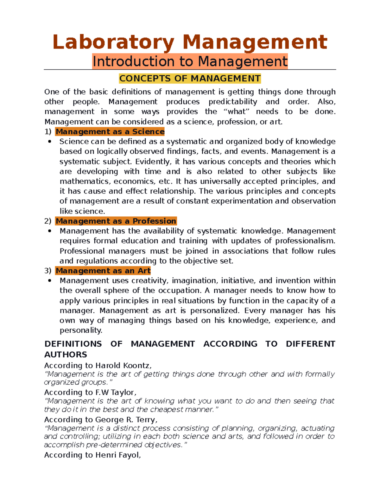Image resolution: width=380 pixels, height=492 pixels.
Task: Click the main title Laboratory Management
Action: point(190,42)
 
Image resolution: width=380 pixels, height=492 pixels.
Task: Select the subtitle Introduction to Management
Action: point(190,61)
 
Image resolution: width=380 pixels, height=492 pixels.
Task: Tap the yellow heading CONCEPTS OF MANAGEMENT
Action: point(190,78)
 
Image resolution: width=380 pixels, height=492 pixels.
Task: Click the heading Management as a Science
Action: point(110,131)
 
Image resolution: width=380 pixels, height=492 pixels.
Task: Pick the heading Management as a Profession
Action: point(116,221)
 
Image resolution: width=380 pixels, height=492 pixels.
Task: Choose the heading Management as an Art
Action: point(103,271)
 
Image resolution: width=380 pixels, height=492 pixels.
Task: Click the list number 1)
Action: point(48,131)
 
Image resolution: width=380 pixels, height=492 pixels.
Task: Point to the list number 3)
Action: point(48,271)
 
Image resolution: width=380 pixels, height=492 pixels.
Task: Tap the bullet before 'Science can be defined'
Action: point(50,142)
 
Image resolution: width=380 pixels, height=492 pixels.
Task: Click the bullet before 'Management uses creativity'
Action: point(50,281)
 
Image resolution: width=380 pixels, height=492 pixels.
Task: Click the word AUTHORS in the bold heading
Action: point(66,355)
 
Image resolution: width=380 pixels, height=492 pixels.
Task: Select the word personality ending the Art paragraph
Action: point(81,330)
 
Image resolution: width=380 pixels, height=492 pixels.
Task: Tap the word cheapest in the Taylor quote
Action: point(167,409)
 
